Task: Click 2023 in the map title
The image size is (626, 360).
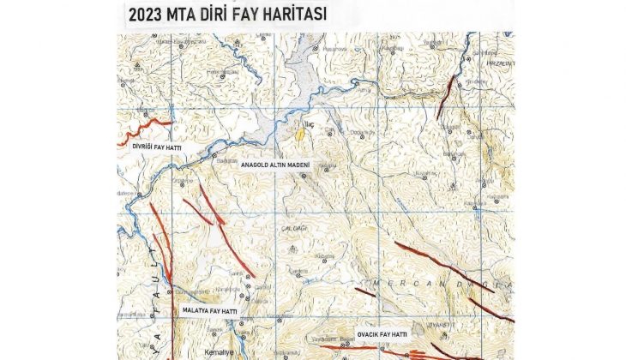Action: coord(147,15)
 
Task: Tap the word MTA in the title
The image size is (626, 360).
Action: coord(186,15)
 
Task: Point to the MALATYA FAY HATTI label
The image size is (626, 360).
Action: coord(211,310)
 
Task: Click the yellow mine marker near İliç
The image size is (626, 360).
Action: coord(299,134)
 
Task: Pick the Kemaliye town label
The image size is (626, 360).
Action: coord(214,351)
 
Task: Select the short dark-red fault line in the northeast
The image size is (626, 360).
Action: coord(446,96)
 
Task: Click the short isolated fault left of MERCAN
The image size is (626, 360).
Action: coord(365,292)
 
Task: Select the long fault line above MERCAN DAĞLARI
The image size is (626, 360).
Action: coord(442,266)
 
